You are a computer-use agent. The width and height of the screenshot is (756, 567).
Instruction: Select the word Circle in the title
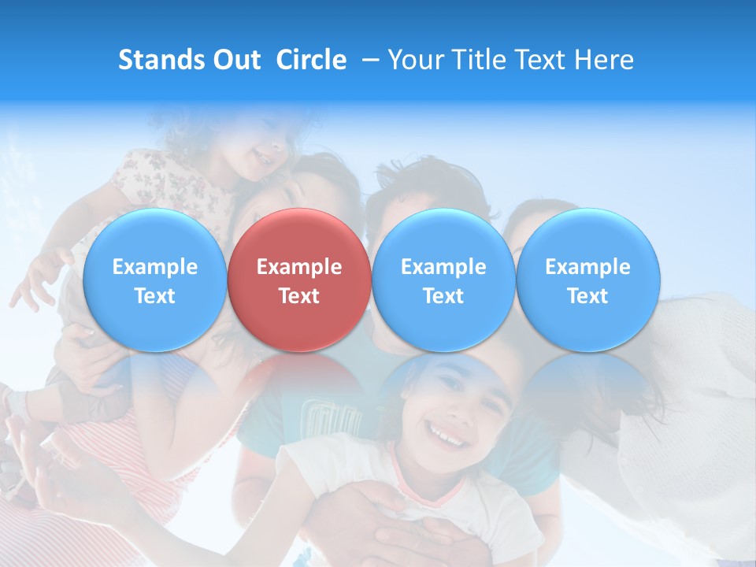coord(311,60)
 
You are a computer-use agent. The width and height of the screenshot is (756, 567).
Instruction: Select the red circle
coord(299,280)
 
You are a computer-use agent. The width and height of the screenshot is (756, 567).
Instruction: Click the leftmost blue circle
coord(155,280)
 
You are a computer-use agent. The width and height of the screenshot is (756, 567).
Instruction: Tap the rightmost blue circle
coord(587,280)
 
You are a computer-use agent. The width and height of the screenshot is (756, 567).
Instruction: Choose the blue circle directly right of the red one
coord(443,280)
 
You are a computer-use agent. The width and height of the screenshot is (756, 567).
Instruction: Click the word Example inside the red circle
coord(299,267)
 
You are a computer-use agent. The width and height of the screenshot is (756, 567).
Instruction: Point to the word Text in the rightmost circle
coord(587,296)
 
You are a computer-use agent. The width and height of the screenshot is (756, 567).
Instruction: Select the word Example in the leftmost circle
coord(155,267)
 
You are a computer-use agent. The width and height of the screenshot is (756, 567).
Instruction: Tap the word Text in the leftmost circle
coord(155,296)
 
